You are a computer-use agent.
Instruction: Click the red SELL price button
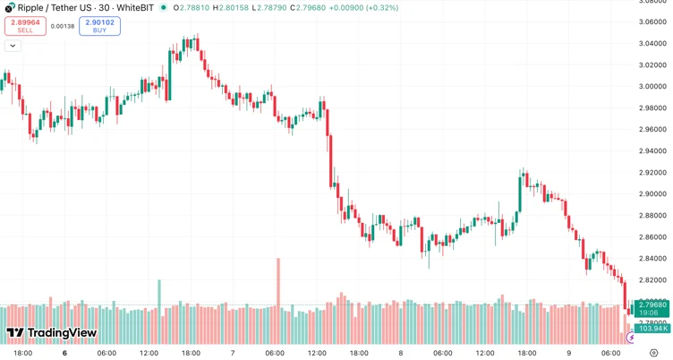[25, 26]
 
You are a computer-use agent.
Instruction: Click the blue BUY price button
[99, 26]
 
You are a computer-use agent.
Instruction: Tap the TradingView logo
[51, 333]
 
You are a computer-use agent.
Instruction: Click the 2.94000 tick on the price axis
[652, 129]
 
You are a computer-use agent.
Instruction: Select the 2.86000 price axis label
[652, 237]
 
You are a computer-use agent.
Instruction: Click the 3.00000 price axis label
[652, 87]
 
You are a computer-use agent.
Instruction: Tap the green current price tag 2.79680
[652, 306]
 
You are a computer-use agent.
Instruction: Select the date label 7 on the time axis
[233, 353]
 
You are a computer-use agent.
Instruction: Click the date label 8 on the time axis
[400, 353]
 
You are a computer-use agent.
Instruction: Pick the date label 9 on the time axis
[568, 353]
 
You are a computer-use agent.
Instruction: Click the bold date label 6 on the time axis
[64, 353]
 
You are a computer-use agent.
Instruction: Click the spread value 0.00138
[63, 26]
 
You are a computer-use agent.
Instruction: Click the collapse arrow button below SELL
[13, 46]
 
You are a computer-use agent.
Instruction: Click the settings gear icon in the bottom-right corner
[654, 353]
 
